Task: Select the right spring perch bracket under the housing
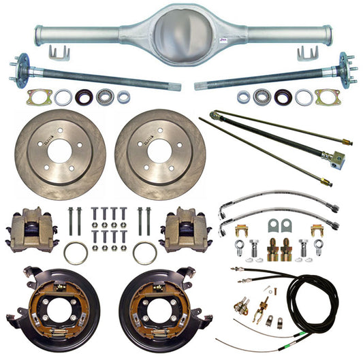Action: tap(304, 52)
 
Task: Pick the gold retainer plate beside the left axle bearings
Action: tap(39, 98)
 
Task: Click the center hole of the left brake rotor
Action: tap(60, 152)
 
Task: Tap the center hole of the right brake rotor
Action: tap(160, 152)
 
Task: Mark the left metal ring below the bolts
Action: tap(76, 253)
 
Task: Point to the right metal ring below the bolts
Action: tap(144, 253)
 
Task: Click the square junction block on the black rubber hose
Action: tap(337, 160)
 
